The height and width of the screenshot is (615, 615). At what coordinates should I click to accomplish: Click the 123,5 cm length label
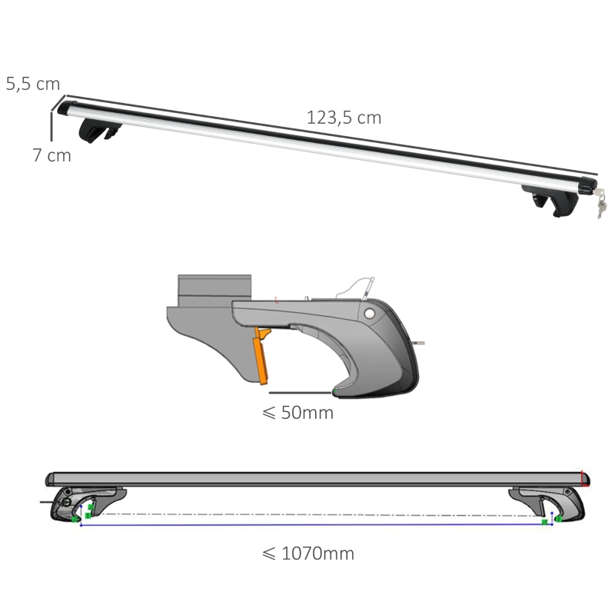[x=344, y=118]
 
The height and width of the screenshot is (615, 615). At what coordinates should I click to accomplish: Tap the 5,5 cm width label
[x=33, y=84]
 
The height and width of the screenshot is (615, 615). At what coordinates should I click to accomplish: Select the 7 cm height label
[x=52, y=155]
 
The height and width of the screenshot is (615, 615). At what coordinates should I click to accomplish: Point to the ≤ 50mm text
[x=298, y=413]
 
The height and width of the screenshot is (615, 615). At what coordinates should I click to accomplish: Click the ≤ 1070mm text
[x=307, y=553]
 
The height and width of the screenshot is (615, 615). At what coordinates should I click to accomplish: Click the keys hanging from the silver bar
[x=600, y=204]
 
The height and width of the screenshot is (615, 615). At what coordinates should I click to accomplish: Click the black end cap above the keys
[x=583, y=186]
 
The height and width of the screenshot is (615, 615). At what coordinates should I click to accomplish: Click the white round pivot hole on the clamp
[x=371, y=314]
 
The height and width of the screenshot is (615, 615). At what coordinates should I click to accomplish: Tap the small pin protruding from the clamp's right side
[x=422, y=344]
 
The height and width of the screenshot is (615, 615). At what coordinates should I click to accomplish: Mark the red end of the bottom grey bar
[x=586, y=479]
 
